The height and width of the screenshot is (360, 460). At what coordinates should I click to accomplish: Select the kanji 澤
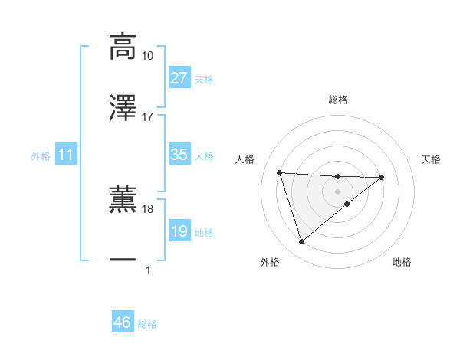123,107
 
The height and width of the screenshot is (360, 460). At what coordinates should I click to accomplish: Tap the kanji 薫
123,198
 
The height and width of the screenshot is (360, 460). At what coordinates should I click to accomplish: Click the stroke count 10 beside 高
147,56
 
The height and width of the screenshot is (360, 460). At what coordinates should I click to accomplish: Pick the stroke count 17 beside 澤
147,117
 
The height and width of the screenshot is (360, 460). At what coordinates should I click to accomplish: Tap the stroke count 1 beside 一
147,270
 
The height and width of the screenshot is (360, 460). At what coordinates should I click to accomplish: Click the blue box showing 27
179,78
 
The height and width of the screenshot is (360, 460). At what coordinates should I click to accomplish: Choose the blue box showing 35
179,155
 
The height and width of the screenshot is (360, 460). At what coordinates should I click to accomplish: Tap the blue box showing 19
179,231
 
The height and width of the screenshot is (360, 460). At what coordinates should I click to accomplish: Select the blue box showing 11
66,155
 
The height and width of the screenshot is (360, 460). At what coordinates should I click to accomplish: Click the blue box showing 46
122,322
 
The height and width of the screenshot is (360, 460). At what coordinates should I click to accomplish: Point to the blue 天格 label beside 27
204,80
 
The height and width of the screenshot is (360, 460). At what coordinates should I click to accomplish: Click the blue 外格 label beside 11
41,156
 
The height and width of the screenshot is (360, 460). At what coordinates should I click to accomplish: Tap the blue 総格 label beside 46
147,324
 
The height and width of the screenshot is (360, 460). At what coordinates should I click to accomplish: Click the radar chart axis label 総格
337,100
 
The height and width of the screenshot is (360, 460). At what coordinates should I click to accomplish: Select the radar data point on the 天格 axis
382,178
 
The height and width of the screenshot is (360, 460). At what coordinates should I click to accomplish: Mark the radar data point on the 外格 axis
301,242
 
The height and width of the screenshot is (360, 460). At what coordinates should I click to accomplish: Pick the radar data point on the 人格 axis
280,172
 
